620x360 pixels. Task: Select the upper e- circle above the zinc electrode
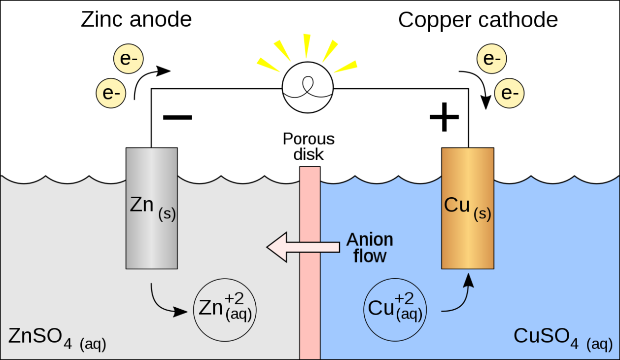pyautogui.click(x=129, y=60)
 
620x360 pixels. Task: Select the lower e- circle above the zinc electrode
pyautogui.click(x=111, y=92)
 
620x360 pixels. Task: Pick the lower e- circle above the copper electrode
pyautogui.click(x=509, y=93)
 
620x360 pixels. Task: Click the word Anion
pyautogui.click(x=370, y=240)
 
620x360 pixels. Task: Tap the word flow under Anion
pyautogui.click(x=370, y=256)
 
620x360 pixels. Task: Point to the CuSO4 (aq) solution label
pyautogui.click(x=562, y=337)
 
